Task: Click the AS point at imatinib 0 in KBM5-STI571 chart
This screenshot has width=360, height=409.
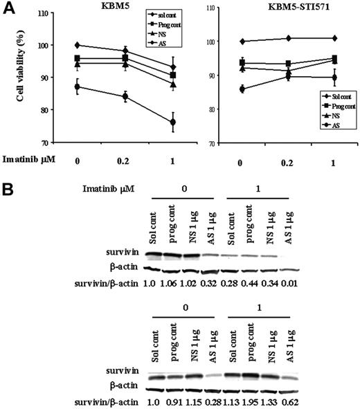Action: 241,89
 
